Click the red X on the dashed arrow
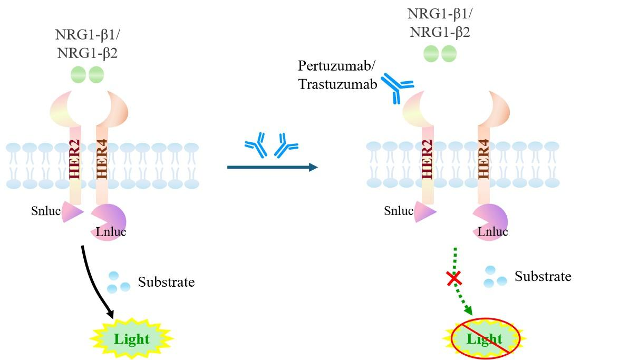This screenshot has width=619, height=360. pos(452,278)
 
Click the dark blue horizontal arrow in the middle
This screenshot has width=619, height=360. pos(272,168)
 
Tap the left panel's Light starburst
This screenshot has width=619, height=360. pos(132,339)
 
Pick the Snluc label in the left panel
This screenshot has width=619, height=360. pos(45,211)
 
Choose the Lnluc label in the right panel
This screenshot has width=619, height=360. pos(492,231)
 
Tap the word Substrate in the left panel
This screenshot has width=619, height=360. pos(166,282)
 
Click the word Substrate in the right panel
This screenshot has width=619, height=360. pos(543,276)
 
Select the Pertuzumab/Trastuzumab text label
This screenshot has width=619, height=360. pos(337,75)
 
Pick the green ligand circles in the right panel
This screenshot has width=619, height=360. pos(440,54)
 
